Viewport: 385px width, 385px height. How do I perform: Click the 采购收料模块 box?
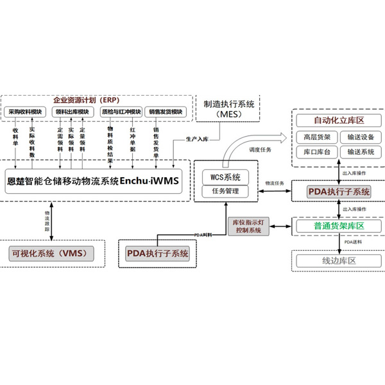[x=26, y=112]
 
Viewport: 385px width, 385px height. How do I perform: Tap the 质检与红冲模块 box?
[x=120, y=112]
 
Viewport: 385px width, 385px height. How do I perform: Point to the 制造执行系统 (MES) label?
[x=228, y=108]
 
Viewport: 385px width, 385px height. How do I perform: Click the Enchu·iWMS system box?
[x=94, y=180]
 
